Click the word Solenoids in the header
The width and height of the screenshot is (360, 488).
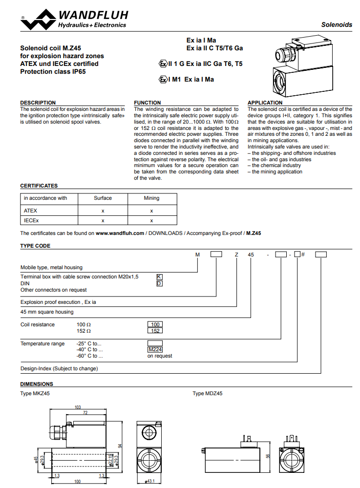pyautogui.click(x=337, y=24)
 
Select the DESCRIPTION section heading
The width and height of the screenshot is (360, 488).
pyautogui.click(x=38, y=103)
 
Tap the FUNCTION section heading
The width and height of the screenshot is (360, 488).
pyautogui.click(x=147, y=103)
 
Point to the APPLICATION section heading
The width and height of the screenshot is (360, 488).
pyautogui.click(x=265, y=103)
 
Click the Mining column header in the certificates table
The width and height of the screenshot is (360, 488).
pyautogui.click(x=151, y=198)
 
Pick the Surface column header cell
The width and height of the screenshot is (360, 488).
pyautogui.click(x=103, y=198)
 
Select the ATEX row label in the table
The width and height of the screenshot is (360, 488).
pyautogui.click(x=30, y=211)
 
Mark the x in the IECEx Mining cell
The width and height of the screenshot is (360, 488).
pyautogui.click(x=151, y=221)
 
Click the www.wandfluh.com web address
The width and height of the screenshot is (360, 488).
pyautogui.click(x=120, y=233)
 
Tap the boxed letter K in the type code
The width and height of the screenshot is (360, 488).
pyautogui.click(x=159, y=276)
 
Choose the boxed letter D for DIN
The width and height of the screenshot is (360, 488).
pyautogui.click(x=159, y=283)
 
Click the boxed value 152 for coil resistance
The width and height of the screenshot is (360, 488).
pyautogui.click(x=155, y=331)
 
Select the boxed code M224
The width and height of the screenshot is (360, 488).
pyautogui.click(x=155, y=349)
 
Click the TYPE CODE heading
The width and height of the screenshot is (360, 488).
pyautogui.click(x=35, y=246)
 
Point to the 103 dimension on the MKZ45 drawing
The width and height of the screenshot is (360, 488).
pyautogui.click(x=77, y=407)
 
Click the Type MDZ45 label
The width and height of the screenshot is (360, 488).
pyautogui.click(x=207, y=393)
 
